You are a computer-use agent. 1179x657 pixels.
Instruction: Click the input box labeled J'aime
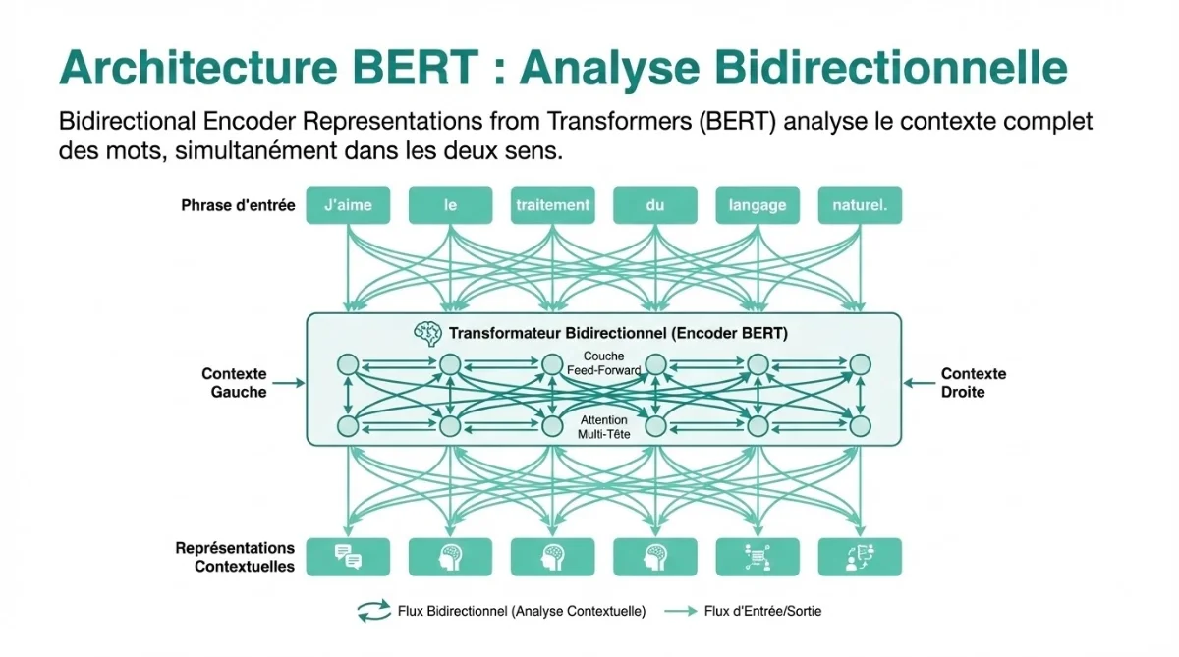pyautogui.click(x=348, y=205)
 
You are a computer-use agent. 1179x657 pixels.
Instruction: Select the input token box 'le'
pyautogui.click(x=450, y=205)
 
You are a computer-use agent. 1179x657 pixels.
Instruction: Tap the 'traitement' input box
pyautogui.click(x=552, y=205)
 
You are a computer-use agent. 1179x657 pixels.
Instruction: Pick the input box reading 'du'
pyautogui.click(x=655, y=205)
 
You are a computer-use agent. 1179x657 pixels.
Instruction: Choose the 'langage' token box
pyautogui.click(x=758, y=205)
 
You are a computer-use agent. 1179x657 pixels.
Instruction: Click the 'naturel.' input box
pyautogui.click(x=860, y=205)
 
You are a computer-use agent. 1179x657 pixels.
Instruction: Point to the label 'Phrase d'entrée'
pyautogui.click(x=238, y=206)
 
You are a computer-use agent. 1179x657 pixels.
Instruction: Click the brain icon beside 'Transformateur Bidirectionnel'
pyautogui.click(x=427, y=334)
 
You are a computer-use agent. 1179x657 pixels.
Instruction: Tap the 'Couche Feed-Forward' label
pyautogui.click(x=603, y=363)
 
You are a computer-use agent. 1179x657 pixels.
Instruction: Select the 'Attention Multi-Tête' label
pyautogui.click(x=603, y=426)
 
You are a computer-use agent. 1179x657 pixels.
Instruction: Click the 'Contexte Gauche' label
pyautogui.click(x=234, y=383)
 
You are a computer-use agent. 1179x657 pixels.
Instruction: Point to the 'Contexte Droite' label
pyautogui.click(x=974, y=383)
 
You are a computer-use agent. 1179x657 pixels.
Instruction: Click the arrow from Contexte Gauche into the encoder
pyautogui.click(x=287, y=384)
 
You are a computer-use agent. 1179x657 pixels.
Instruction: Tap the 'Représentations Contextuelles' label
pyautogui.click(x=235, y=557)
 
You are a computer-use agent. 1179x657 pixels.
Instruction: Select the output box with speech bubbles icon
pyautogui.click(x=348, y=557)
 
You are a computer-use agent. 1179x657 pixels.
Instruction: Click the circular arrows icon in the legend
pyautogui.click(x=372, y=611)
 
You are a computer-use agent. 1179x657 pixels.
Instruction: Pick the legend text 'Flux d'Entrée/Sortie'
pyautogui.click(x=762, y=611)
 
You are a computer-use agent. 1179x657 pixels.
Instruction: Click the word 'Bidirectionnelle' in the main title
pyautogui.click(x=794, y=67)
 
